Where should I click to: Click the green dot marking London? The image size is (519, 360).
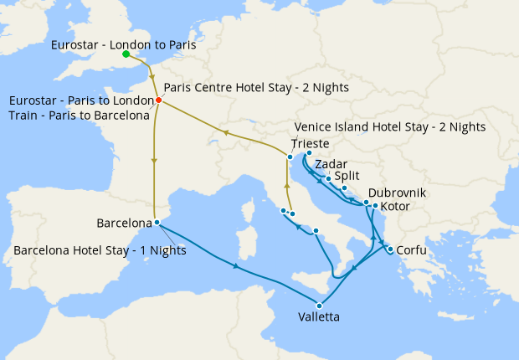click(126, 54)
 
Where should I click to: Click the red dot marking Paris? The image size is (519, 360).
click(158, 101)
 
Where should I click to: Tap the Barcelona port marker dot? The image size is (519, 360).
click(157, 222)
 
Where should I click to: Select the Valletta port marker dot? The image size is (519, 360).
click(319, 305)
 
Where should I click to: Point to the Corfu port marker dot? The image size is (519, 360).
click(390, 249)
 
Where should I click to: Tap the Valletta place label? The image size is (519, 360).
click(319, 317)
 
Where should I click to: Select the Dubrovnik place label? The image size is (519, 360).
click(398, 193)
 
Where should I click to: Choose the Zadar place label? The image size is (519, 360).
click(332, 165)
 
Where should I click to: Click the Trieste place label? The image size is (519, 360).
click(311, 144)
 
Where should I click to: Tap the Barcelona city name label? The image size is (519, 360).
click(124, 224)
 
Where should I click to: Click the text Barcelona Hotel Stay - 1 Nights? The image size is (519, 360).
click(100, 250)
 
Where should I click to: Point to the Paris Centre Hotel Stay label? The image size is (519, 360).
click(256, 88)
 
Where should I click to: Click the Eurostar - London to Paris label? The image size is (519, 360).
click(123, 45)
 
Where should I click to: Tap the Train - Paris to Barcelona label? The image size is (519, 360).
click(78, 116)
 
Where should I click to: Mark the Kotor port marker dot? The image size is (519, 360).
click(374, 206)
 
